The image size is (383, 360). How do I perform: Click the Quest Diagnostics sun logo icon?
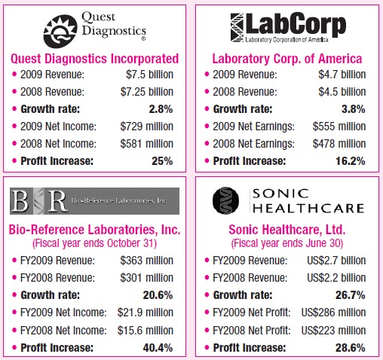click(60, 32)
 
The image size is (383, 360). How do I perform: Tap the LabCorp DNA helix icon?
click(237, 27)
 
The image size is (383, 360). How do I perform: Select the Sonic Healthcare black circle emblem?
click(225, 200)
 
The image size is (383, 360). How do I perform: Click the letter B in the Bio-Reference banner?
click(20, 201)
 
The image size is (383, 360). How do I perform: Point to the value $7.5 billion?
click(149, 75)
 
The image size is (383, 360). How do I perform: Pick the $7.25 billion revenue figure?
click(147, 92)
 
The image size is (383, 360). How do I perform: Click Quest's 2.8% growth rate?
click(161, 109)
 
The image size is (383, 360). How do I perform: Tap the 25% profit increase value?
click(162, 161)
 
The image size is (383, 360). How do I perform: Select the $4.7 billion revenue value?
click(342, 75)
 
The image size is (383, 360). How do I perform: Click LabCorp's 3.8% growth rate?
click(354, 109)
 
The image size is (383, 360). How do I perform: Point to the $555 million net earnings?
click(339, 127)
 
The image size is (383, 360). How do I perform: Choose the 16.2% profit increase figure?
click(351, 161)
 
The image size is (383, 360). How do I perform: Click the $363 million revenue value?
click(147, 261)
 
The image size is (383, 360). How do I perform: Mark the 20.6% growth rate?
click(158, 295)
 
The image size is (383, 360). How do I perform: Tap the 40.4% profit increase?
click(158, 348)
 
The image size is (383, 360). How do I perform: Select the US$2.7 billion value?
click(336, 261)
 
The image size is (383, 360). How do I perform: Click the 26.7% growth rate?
click(351, 295)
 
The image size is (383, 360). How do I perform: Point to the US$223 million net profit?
click(333, 331)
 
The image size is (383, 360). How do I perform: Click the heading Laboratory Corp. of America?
click(287, 59)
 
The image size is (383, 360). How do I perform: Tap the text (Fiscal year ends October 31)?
click(94, 243)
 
